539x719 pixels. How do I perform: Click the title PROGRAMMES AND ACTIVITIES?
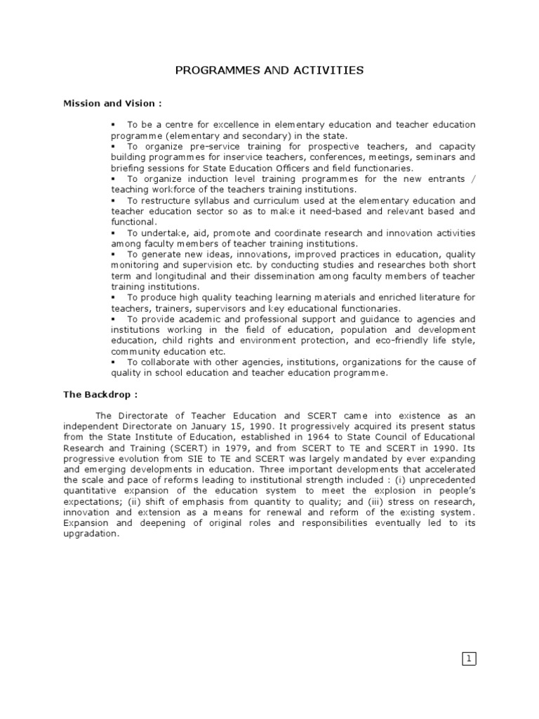click(x=269, y=70)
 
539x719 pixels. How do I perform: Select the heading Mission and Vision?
click(x=112, y=103)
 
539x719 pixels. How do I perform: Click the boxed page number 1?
click(x=469, y=658)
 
